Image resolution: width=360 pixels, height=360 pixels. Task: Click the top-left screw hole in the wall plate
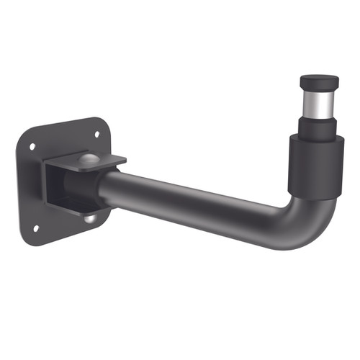[x=32, y=146]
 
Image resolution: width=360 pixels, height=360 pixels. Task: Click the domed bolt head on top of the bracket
[x=87, y=158]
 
